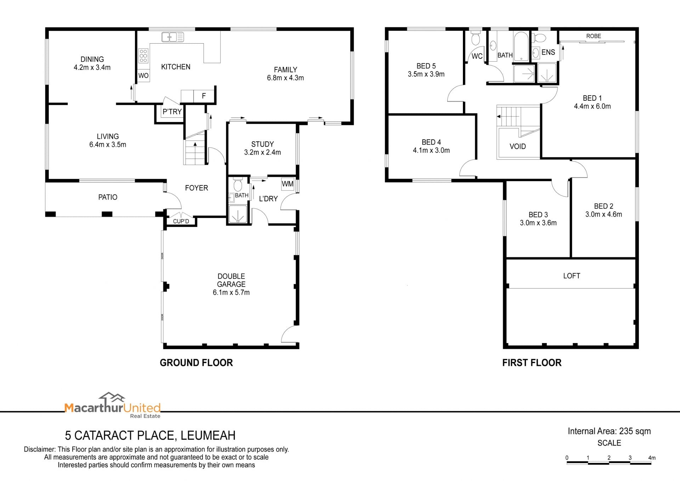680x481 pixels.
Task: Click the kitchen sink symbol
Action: [x=173, y=37]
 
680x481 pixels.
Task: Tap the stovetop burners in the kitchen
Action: [x=143, y=56]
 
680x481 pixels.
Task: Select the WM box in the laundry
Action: [x=288, y=184]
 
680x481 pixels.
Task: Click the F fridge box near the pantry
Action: [x=204, y=96]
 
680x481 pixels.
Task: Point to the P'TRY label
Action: [x=172, y=112]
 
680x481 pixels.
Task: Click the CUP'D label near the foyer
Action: [x=181, y=221]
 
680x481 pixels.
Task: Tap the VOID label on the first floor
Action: [x=517, y=146]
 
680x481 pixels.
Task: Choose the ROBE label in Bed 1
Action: [x=594, y=36]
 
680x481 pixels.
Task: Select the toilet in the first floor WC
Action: [x=475, y=37]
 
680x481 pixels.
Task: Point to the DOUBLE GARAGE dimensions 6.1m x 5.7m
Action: [x=231, y=292]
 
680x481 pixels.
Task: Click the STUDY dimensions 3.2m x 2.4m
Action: [x=262, y=152]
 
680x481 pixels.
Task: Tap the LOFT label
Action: [x=572, y=276]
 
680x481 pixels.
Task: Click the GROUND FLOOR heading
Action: [x=196, y=363]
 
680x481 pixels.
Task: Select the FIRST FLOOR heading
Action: [x=532, y=363]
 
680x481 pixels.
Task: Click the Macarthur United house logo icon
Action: [x=112, y=397]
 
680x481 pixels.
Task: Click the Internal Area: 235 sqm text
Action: [x=609, y=431]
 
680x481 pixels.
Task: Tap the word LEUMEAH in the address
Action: [x=208, y=435]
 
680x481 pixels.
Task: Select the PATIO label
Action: [x=108, y=197]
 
